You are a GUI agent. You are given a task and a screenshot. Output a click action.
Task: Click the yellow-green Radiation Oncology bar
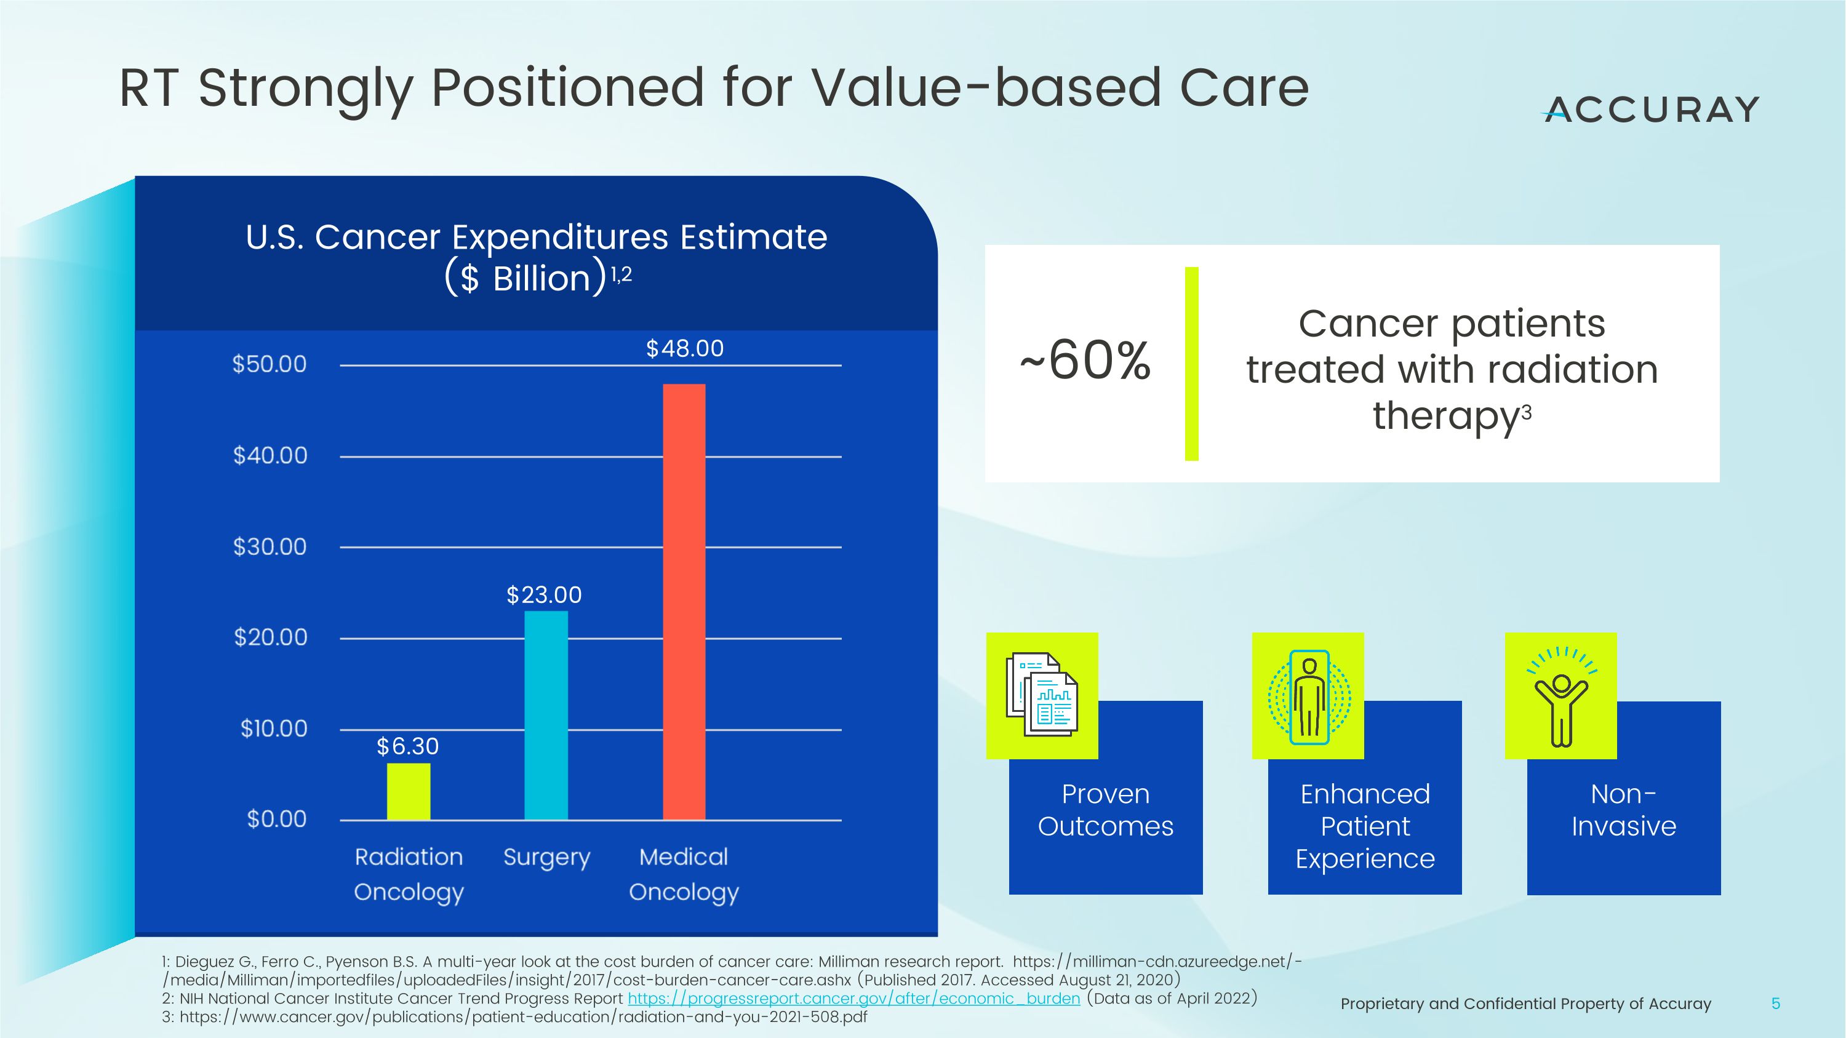click(x=409, y=791)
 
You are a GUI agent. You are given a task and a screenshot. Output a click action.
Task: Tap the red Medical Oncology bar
click(x=684, y=602)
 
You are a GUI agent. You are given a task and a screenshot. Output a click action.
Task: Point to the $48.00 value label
click(x=684, y=349)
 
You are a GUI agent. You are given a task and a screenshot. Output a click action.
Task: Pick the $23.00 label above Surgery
click(x=544, y=594)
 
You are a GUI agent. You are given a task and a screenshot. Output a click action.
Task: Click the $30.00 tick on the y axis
click(x=270, y=546)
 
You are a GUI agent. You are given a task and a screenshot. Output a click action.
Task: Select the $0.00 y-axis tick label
click(x=277, y=819)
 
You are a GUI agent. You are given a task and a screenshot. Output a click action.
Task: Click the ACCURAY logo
click(x=1650, y=110)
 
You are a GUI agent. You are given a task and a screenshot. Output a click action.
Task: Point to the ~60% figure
click(x=1085, y=361)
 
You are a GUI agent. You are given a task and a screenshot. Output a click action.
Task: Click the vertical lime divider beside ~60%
click(x=1191, y=363)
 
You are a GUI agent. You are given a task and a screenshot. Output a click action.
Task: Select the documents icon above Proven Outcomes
click(x=1042, y=695)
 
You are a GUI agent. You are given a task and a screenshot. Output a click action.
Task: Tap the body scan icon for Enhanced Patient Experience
click(x=1309, y=697)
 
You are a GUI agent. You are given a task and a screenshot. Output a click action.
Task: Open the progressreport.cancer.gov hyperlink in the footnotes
click(x=853, y=999)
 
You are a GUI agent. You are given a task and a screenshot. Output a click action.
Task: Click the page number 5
click(x=1775, y=1004)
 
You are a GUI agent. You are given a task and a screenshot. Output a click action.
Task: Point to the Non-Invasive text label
click(x=1624, y=810)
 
